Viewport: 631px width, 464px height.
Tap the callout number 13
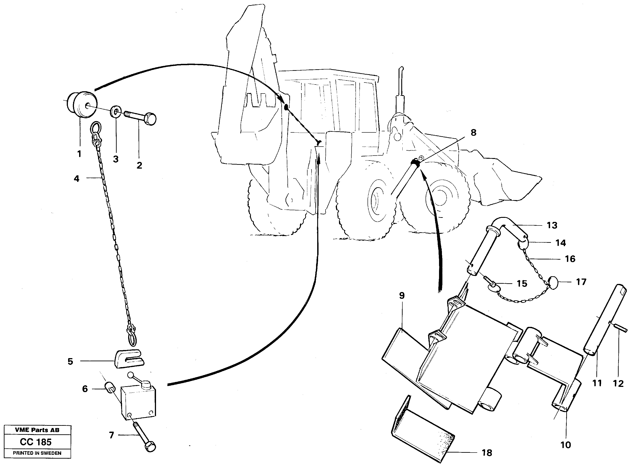[x=552, y=225]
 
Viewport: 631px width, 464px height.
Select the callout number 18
[x=487, y=453]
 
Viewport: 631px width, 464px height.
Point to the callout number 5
[x=70, y=361]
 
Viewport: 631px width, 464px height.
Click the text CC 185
[x=36, y=442]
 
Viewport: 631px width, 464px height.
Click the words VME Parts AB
[x=37, y=430]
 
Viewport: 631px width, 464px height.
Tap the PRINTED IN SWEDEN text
[x=37, y=453]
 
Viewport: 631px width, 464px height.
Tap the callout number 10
[x=566, y=445]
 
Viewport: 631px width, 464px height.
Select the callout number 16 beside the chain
[x=570, y=259]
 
